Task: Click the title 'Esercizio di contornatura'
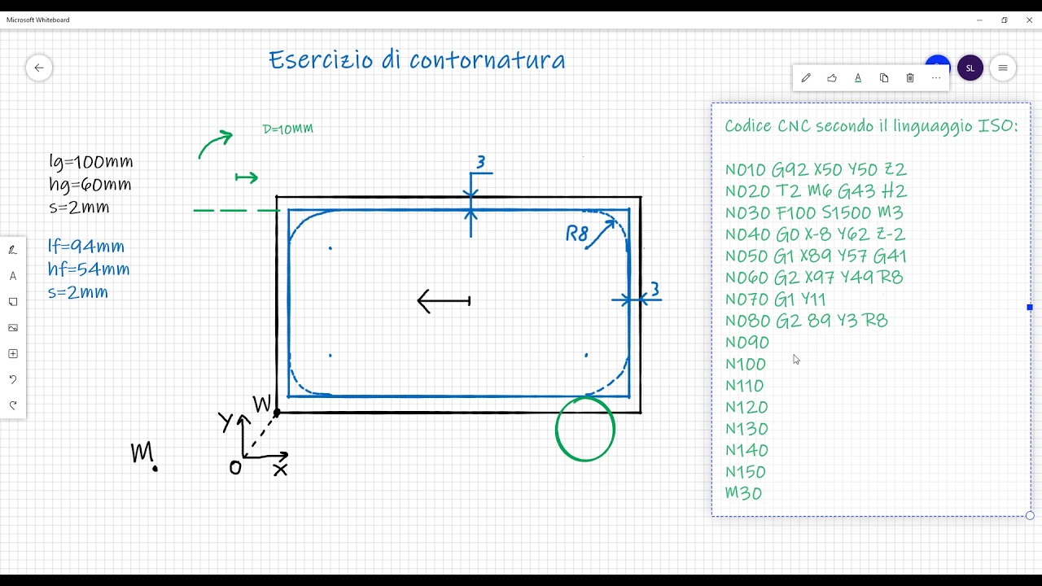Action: tap(418, 59)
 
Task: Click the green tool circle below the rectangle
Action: tap(556, 429)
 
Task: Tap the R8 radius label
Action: tap(577, 234)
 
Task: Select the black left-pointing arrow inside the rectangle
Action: tap(444, 301)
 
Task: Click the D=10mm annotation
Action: tap(288, 129)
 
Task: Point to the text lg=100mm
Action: tap(90, 162)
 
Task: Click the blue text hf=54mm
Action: tap(89, 269)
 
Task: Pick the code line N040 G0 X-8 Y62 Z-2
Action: tap(815, 234)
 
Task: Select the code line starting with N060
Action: tap(814, 278)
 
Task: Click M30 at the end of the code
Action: tap(743, 493)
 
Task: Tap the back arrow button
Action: tap(39, 68)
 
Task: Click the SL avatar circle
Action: tap(970, 68)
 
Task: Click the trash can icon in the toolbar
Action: tap(910, 77)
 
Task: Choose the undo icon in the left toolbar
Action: tap(13, 379)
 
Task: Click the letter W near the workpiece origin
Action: tap(261, 404)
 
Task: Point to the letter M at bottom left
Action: tap(142, 452)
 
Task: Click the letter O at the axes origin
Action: tap(235, 468)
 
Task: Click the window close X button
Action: tap(1029, 20)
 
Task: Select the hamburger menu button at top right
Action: tap(1003, 68)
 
